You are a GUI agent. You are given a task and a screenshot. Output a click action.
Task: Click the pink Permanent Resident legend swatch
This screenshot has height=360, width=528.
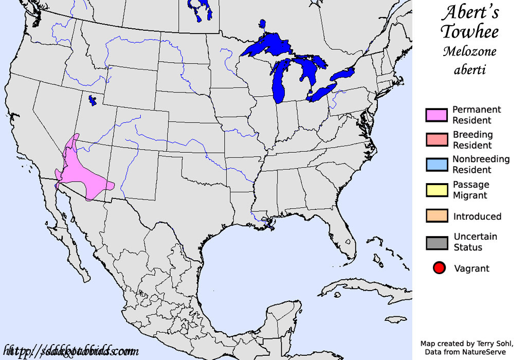436,115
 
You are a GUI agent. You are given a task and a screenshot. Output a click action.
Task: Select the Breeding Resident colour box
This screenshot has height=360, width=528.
436,140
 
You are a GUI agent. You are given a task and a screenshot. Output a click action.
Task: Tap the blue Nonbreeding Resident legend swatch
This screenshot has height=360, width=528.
436,165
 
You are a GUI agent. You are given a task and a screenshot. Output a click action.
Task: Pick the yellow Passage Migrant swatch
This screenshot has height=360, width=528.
436,190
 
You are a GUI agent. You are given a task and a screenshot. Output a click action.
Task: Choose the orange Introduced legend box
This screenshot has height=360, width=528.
436,216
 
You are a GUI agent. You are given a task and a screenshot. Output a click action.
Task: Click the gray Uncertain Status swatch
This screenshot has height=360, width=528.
436,242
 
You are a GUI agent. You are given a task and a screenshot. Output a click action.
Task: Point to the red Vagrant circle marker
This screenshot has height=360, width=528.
439,268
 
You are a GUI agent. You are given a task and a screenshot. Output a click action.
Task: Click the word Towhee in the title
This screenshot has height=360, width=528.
470,32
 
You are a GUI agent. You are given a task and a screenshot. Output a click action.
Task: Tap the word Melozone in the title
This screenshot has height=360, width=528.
470,51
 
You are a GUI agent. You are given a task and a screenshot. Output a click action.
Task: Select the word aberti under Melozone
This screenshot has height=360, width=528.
470,69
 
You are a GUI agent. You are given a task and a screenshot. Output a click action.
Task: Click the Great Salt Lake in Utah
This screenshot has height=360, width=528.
93,100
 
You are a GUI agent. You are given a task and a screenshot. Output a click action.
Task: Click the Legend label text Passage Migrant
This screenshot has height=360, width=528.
470,190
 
